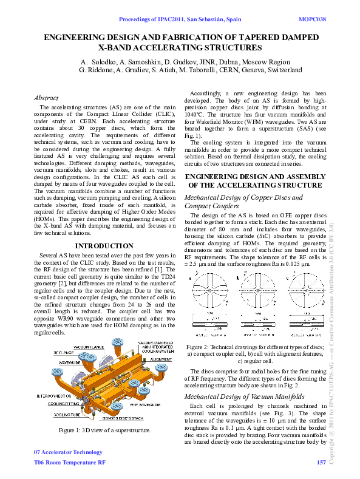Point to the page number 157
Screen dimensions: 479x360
coord(321,463)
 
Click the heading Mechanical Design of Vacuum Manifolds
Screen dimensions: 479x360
coord(243,396)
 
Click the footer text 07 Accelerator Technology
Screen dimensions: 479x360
coord(68,452)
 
